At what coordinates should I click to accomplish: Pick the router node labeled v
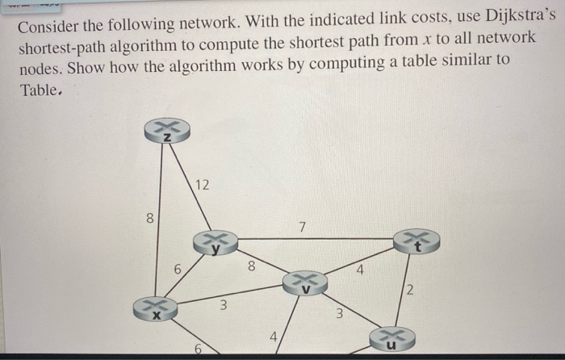point(303,283)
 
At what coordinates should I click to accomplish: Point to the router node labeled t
point(416,240)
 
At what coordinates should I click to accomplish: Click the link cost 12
point(202,186)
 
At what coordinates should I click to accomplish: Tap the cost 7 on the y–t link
point(300,227)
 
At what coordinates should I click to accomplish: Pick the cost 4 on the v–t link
point(360,270)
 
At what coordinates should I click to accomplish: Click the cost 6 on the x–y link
point(176,270)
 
